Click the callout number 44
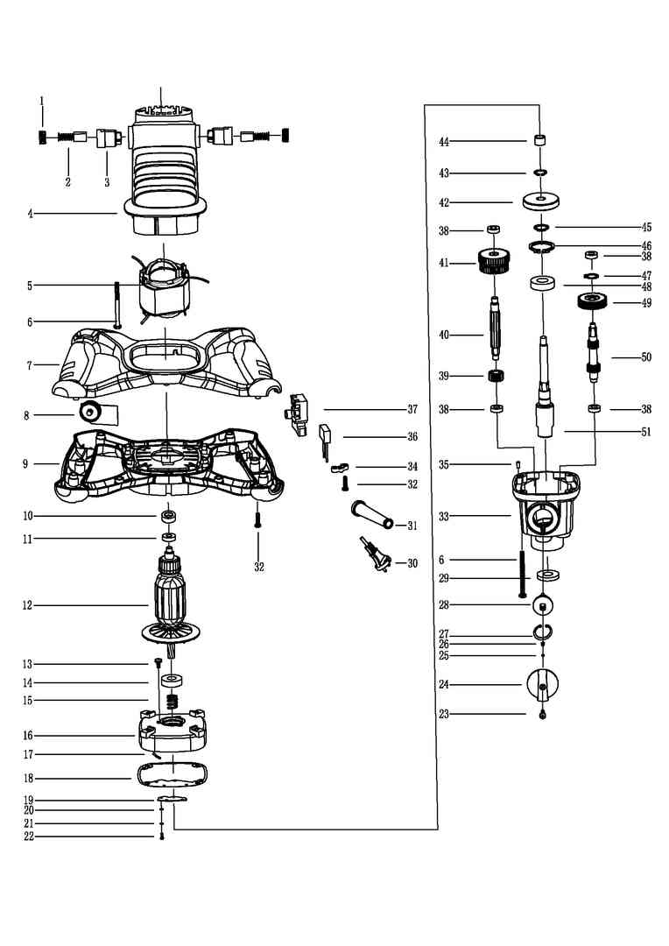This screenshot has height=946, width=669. tap(444, 142)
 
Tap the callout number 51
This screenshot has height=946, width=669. tap(646, 432)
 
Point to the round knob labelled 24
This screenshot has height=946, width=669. tap(543, 685)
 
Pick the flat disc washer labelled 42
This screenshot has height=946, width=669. tap(540, 201)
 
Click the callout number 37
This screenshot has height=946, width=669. tap(412, 409)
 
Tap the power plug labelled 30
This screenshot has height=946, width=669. tap(376, 554)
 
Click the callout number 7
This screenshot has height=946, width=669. tap(29, 365)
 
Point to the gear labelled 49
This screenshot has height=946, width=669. tap(592, 300)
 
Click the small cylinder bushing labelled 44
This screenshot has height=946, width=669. tap(540, 141)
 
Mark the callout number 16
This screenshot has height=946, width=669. tap(28, 736)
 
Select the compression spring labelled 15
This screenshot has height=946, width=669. tap(173, 702)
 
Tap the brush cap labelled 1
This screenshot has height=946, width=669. tap(42, 137)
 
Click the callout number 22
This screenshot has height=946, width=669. tap(28, 837)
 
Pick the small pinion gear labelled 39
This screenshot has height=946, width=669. tap(496, 377)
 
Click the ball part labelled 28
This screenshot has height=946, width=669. tap(543, 604)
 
